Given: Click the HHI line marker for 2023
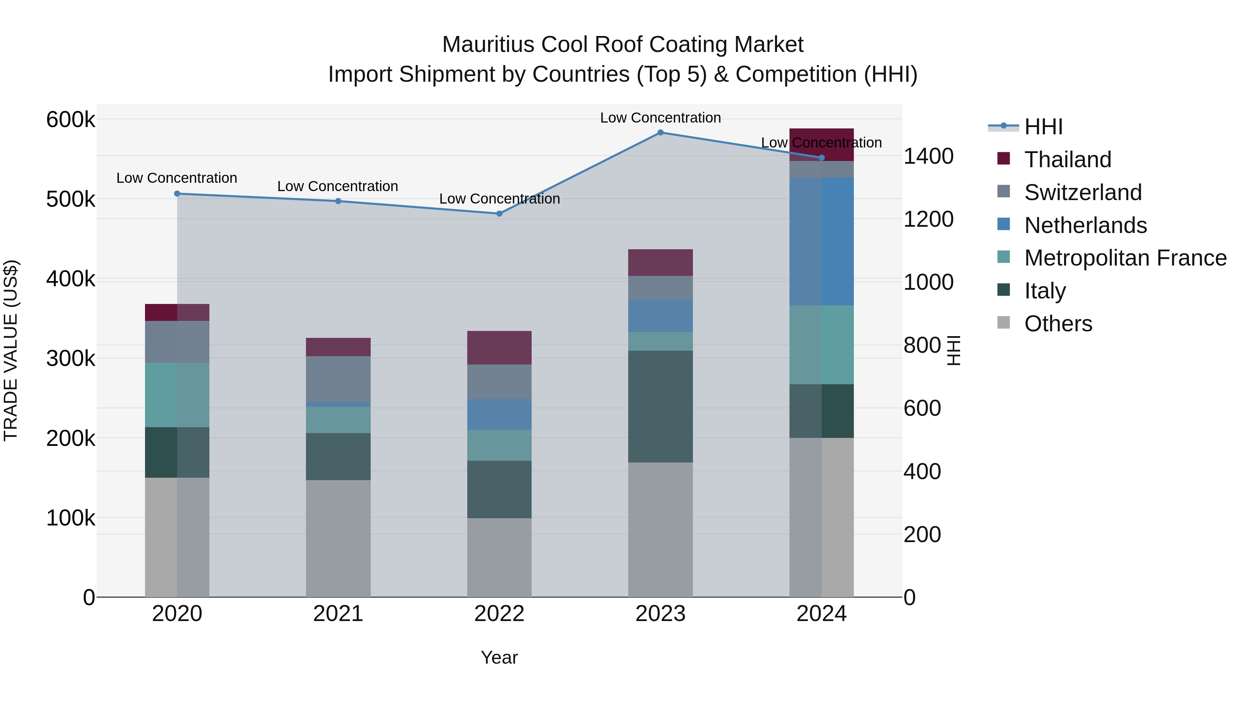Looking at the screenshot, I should coord(660,132).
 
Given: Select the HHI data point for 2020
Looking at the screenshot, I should coord(177,194).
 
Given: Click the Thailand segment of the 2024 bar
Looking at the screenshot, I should coord(821,145).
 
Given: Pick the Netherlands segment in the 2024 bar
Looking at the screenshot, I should coord(821,241).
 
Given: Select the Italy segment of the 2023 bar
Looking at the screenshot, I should coord(660,406).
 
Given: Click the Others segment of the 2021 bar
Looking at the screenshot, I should coord(338,538).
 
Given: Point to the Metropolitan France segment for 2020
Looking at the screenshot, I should coord(177,395).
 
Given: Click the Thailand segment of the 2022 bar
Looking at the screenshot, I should coord(499,347).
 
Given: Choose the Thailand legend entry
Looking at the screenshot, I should coord(1067,160).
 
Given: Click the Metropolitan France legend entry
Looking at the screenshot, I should coord(1125,258).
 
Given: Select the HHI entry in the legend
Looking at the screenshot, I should coord(1043,127).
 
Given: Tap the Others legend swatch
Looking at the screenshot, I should coord(1004,323).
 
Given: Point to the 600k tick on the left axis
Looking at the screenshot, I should coord(71,119).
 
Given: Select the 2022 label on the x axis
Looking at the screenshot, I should coord(499,614).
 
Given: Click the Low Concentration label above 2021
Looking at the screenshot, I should coord(337,186).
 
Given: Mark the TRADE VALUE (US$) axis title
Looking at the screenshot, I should coord(11,350).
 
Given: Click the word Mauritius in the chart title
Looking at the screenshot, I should coord(488,45).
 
